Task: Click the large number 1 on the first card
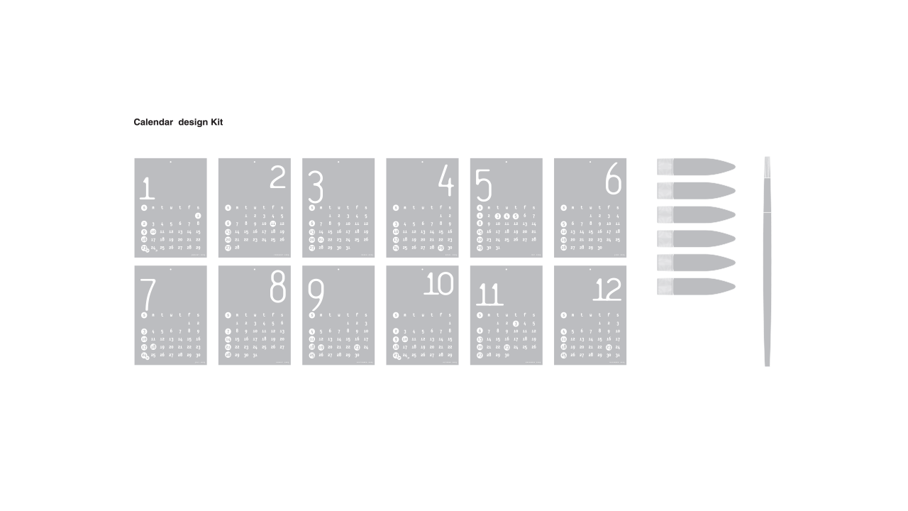pos(147,188)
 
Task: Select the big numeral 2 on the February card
pos(277,177)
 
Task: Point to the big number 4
pos(445,180)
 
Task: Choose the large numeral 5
pos(483,186)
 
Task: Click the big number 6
pos(614,179)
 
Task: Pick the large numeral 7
pos(148,293)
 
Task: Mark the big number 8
pos(277,287)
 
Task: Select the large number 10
pos(438,285)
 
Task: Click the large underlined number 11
pos(489,294)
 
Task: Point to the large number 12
pos(607,290)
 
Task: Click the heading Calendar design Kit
pos(178,123)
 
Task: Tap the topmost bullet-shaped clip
pos(695,167)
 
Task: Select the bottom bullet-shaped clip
pos(695,287)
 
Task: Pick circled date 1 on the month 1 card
pos(198,216)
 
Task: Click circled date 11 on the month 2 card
pos(273,224)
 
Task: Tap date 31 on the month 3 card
pos(348,248)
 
